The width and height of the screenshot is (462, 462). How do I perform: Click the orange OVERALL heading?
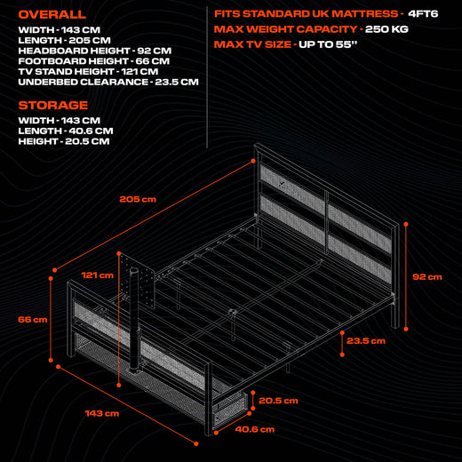(52, 14)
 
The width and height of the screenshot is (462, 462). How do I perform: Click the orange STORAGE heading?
(53, 105)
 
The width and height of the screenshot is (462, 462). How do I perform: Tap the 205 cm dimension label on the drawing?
(138, 199)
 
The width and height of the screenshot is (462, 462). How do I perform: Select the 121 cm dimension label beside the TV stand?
(98, 275)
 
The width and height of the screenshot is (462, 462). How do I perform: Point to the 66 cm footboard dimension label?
(33, 320)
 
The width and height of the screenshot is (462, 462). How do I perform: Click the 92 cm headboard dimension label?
(427, 277)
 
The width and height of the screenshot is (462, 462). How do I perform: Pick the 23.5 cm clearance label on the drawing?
(366, 341)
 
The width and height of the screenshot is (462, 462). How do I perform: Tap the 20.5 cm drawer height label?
(278, 401)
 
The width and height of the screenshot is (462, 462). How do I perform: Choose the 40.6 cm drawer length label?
(255, 429)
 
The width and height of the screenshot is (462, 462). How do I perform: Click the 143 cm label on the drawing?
(102, 413)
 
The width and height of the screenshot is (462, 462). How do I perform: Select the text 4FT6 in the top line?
(423, 14)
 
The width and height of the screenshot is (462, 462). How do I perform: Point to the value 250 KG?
(386, 29)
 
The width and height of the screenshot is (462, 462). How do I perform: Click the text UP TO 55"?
(328, 44)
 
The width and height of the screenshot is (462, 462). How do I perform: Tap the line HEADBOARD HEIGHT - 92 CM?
(95, 51)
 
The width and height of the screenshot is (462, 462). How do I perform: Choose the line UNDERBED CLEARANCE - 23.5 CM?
(108, 82)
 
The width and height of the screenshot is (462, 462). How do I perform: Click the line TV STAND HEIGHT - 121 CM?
(88, 72)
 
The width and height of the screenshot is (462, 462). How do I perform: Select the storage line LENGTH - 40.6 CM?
(66, 131)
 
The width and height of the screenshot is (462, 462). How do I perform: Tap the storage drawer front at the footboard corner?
(230, 410)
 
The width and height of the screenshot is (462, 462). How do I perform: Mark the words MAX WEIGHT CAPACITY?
(285, 29)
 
